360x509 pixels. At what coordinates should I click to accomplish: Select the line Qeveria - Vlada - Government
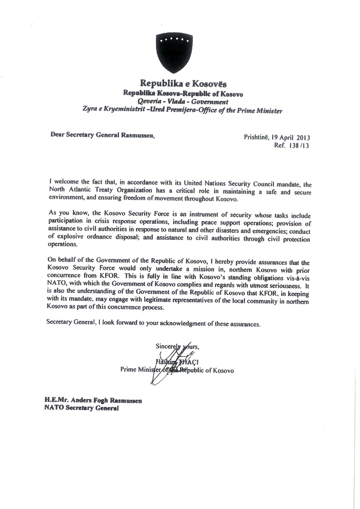[183, 102]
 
